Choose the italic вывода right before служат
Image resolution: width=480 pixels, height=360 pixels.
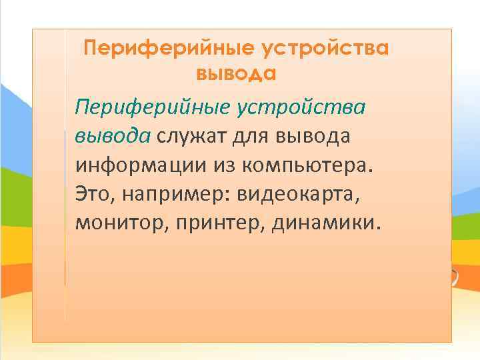(x=113, y=136)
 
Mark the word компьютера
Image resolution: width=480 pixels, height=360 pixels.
(x=309, y=165)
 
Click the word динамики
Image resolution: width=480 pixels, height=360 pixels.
(x=325, y=222)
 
